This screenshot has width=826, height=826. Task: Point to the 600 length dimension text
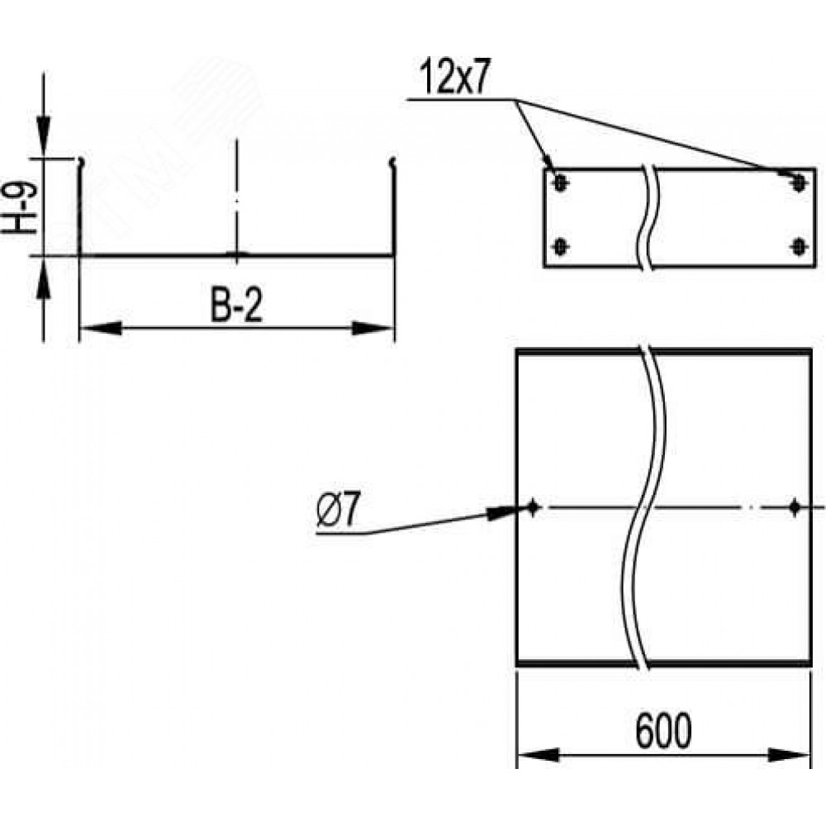pyautogui.click(x=662, y=731)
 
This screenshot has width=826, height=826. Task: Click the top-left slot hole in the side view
pyautogui.click(x=560, y=183)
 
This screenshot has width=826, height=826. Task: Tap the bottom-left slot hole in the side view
pyautogui.click(x=560, y=246)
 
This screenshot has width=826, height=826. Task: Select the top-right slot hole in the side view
pyautogui.click(x=799, y=183)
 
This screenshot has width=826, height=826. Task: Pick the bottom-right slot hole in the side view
pyautogui.click(x=799, y=246)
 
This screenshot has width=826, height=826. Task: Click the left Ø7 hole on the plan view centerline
pyautogui.click(x=532, y=507)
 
